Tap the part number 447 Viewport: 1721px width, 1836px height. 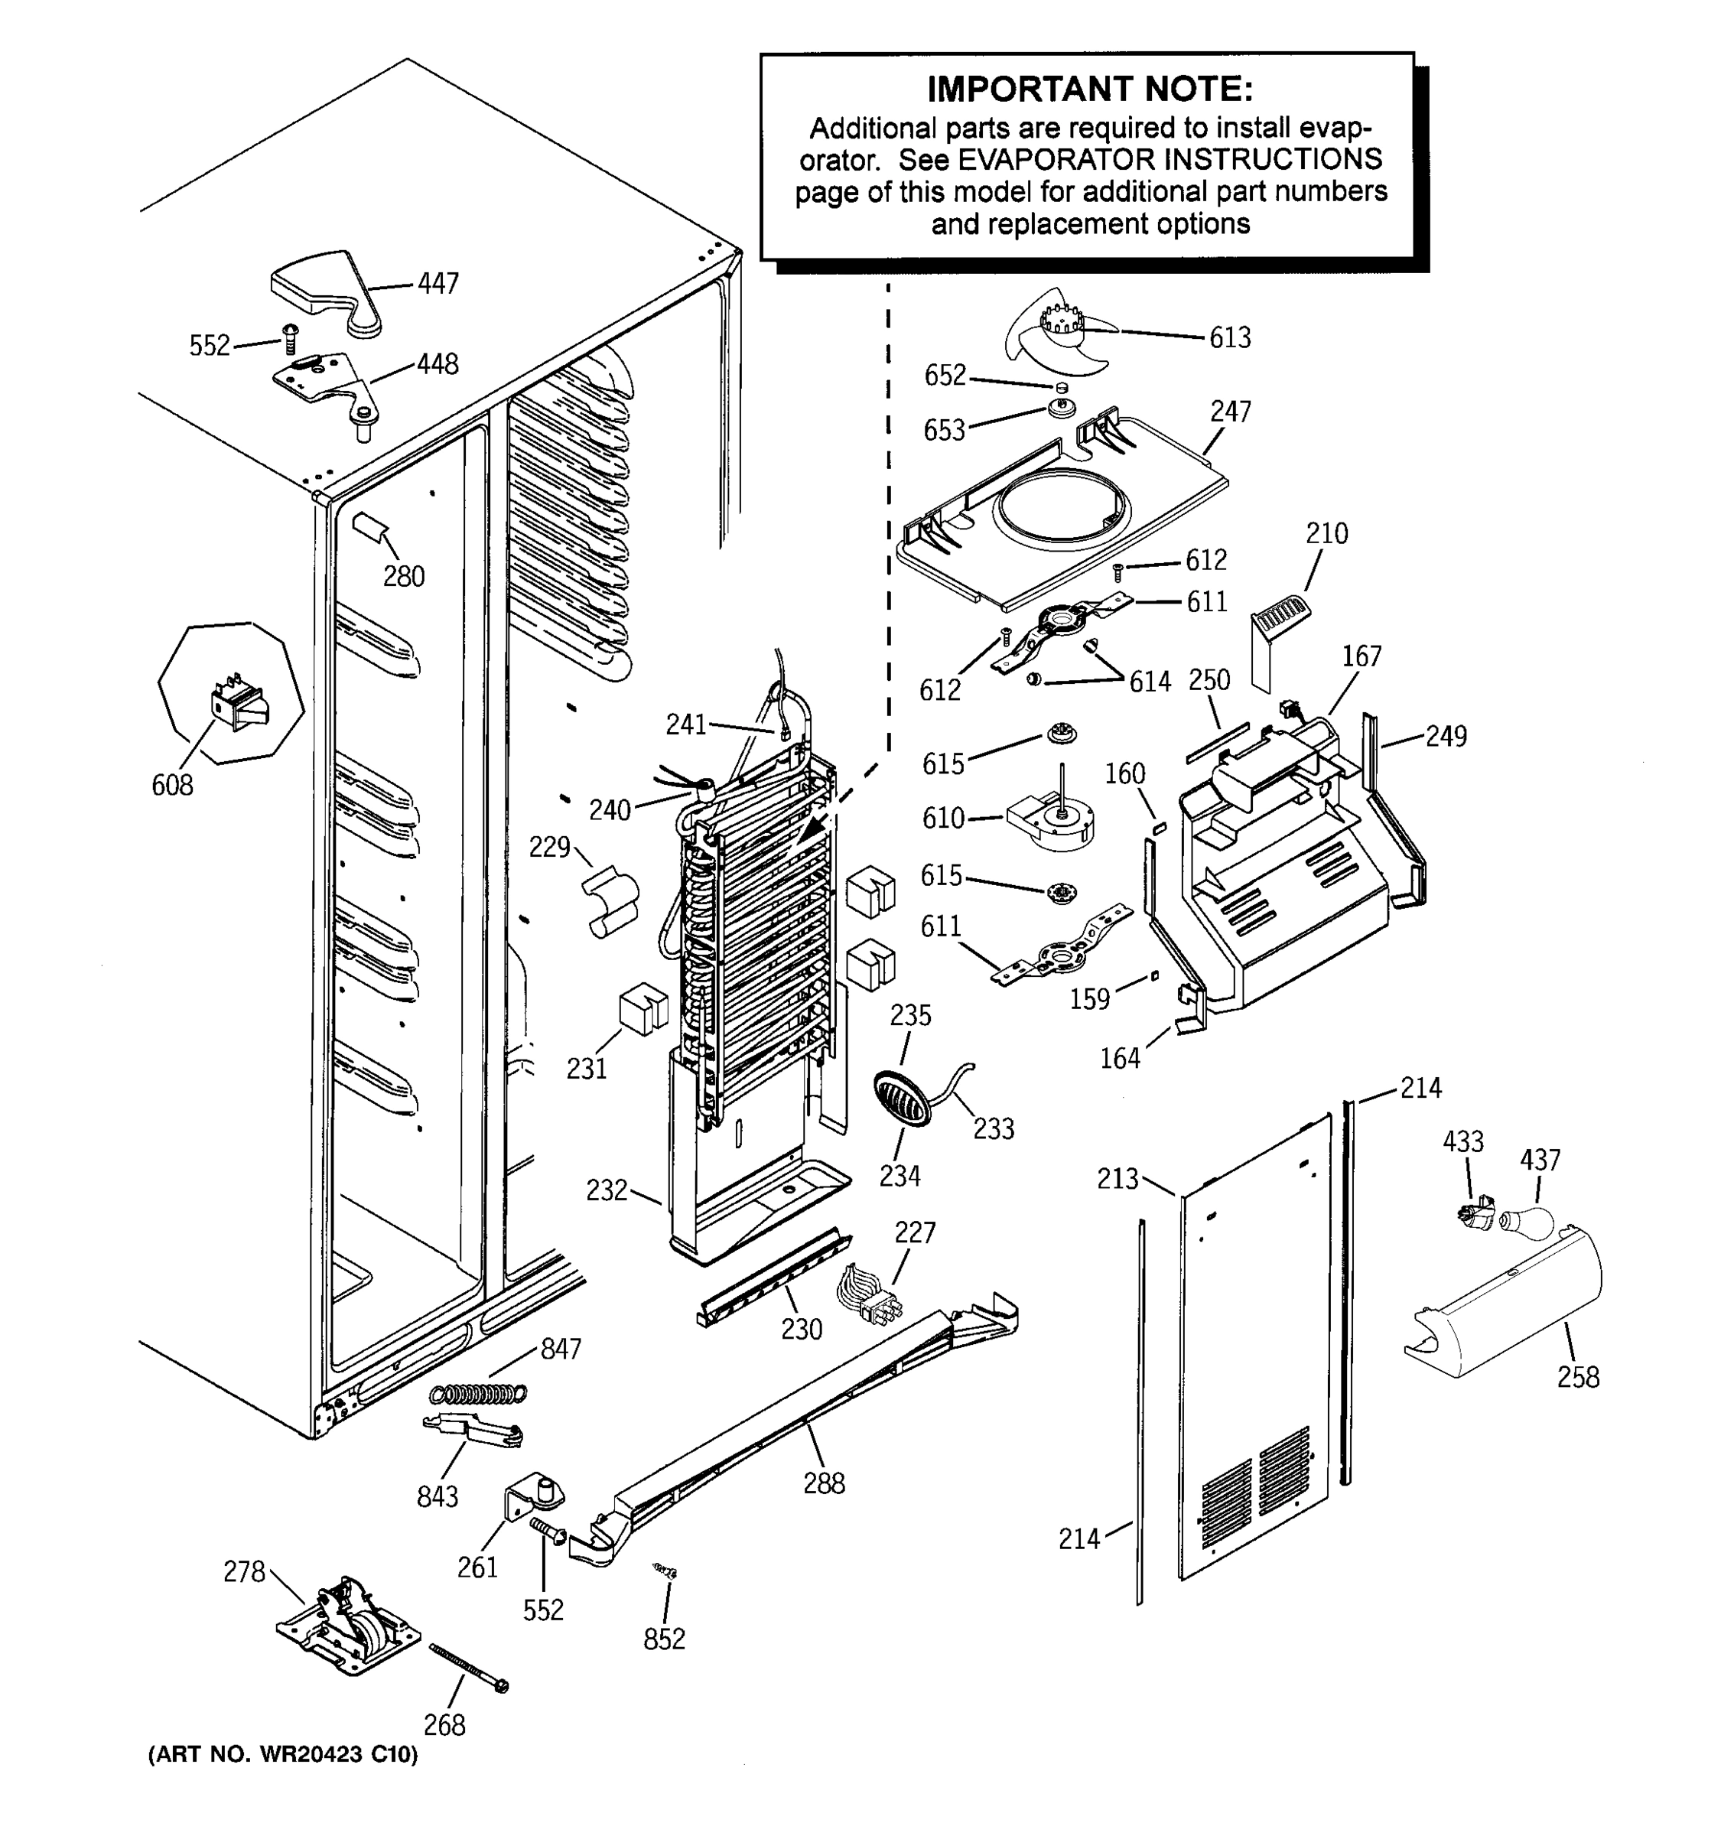pos(438,284)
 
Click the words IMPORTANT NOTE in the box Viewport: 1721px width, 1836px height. pos(1089,90)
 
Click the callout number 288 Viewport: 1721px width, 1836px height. pos(824,1483)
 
